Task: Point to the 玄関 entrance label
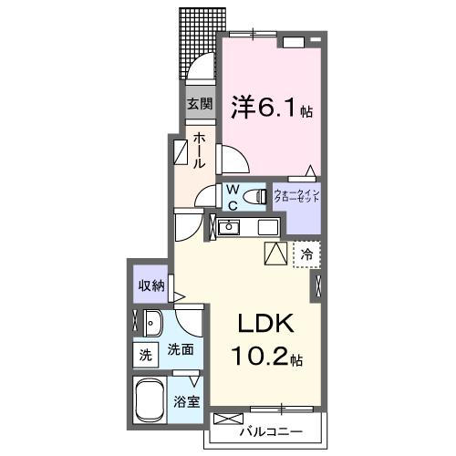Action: [x=200, y=104]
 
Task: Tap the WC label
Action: [x=233, y=195]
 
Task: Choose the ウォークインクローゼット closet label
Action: [x=297, y=197]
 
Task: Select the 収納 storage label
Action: [x=151, y=286]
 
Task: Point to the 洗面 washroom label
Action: [x=179, y=349]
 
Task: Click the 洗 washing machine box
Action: [x=144, y=353]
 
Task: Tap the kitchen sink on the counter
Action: [x=230, y=227]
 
